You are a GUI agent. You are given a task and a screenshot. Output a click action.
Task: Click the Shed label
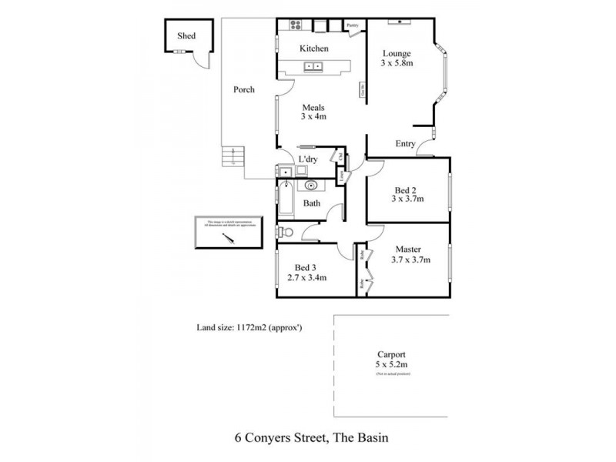click(186, 35)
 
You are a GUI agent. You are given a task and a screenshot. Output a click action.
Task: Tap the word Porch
click(243, 90)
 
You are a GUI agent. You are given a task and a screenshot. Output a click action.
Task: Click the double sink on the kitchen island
click(313, 67)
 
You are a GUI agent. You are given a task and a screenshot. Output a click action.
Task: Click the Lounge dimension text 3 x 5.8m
click(397, 63)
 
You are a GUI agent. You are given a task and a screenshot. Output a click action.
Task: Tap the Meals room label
click(313, 108)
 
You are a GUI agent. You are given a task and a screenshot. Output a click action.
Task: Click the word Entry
click(406, 144)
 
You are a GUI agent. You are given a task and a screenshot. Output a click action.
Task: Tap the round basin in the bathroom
click(311, 185)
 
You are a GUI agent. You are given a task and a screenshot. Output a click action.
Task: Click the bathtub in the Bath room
click(285, 199)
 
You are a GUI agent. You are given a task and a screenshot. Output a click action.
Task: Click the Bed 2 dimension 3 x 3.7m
click(407, 198)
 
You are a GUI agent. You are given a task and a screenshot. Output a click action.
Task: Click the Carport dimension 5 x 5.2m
click(392, 362)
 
